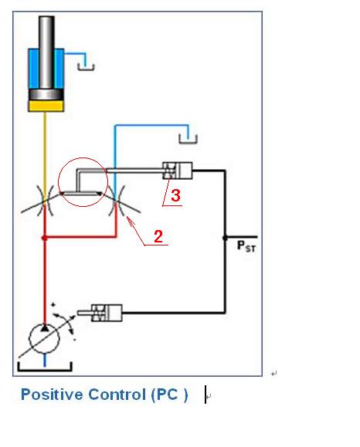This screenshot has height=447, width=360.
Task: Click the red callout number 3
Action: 175,195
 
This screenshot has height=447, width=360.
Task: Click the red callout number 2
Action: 158,236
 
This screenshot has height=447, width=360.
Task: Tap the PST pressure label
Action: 246,246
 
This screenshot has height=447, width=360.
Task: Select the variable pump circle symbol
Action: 44,339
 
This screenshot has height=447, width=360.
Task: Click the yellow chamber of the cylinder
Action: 46,106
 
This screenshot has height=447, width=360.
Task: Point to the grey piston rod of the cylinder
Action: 46,52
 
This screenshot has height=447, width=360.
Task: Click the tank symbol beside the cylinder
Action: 86,67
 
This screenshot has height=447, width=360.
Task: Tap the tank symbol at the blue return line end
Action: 188,139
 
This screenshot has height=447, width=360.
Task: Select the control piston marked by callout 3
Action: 178,171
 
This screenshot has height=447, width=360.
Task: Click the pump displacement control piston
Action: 107,313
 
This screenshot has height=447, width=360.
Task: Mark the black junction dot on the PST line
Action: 225,237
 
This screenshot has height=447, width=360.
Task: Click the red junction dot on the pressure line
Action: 44,238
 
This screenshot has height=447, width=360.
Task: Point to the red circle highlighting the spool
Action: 58,182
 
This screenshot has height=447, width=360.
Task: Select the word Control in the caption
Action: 117,395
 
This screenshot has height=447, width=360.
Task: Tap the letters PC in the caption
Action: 168,395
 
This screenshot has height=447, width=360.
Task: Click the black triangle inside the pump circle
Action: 44,328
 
